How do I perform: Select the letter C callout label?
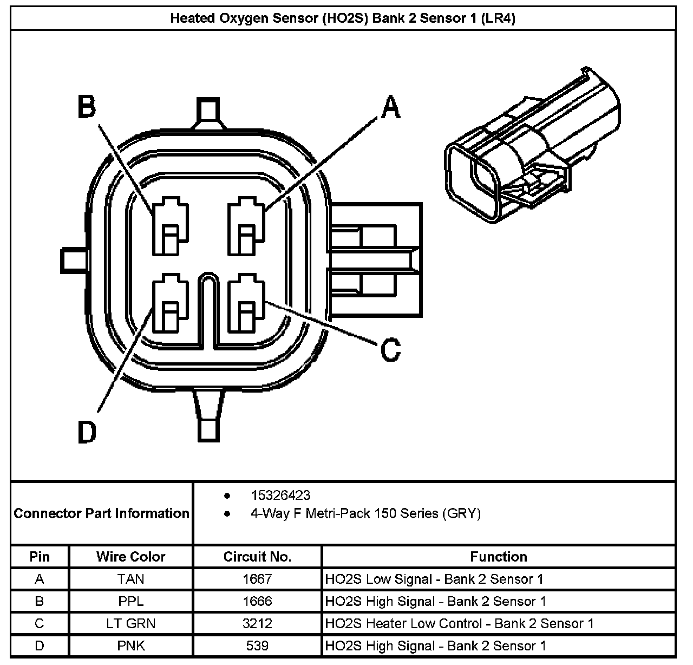tap(390, 349)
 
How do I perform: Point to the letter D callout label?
tap(87, 432)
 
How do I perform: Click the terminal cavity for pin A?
tap(246, 227)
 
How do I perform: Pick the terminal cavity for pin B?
tap(170, 227)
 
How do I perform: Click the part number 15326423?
tap(280, 496)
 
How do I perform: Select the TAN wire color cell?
tap(131, 579)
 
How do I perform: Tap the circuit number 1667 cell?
tap(257, 579)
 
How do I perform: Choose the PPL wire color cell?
tap(131, 601)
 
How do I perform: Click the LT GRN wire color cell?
tap(131, 623)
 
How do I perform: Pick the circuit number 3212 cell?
tap(257, 623)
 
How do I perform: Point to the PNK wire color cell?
tap(131, 646)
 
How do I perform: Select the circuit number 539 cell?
tap(257, 646)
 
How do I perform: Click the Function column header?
tap(498, 557)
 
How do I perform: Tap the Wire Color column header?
tap(131, 557)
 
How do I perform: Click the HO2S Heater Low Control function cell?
tap(459, 623)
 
